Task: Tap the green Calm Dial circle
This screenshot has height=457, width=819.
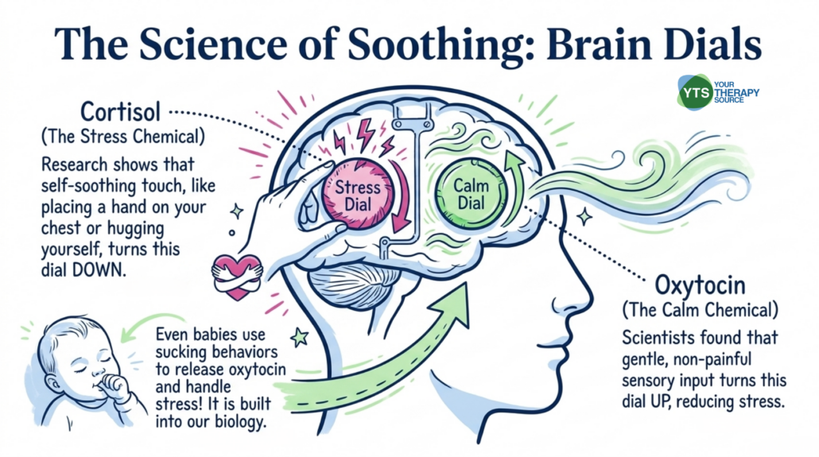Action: tap(472, 194)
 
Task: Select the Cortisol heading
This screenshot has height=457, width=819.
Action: tap(120, 112)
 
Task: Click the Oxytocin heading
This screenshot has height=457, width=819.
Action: tap(700, 286)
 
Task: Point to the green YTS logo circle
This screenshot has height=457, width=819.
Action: tap(695, 92)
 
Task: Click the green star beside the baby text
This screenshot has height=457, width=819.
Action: tap(300, 338)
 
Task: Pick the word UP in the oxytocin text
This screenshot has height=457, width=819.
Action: tap(658, 402)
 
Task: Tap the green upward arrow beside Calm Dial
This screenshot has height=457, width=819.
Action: tap(513, 188)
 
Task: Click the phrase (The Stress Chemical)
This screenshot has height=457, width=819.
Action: tap(123, 137)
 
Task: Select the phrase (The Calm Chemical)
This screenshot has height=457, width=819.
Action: tap(700, 310)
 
